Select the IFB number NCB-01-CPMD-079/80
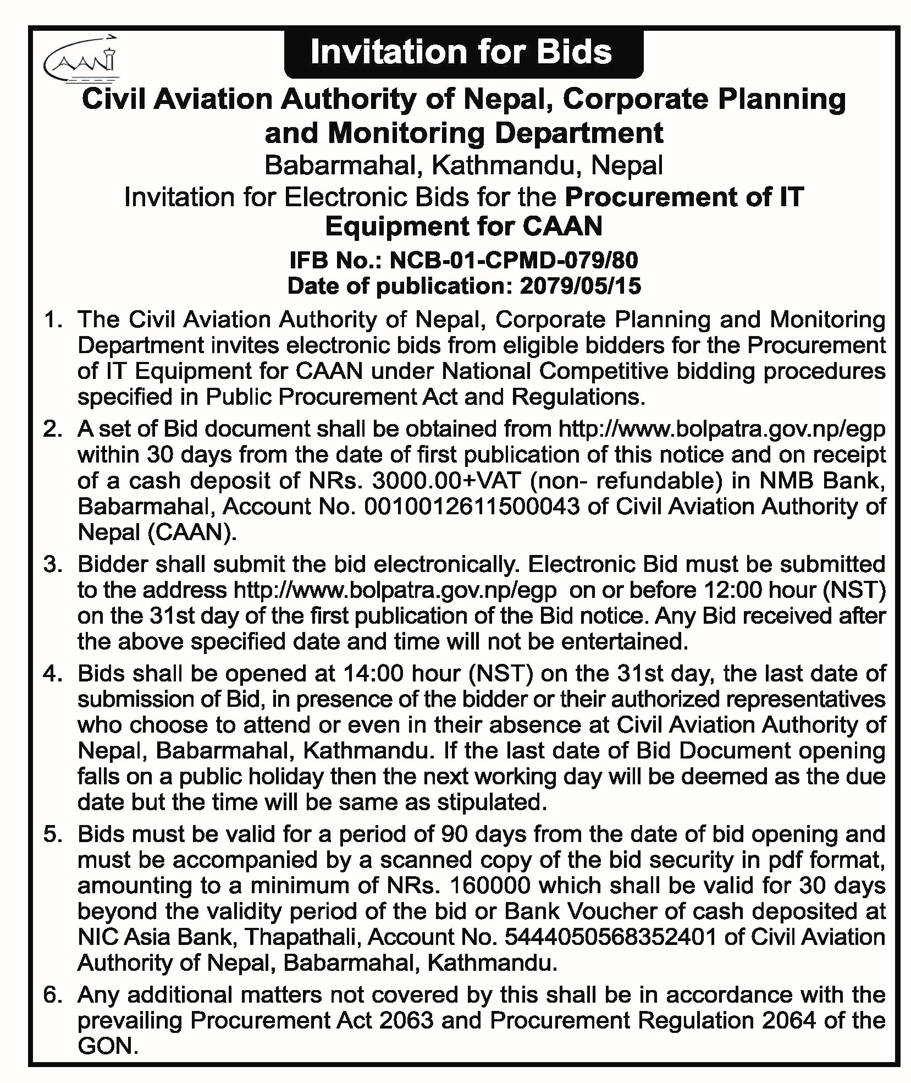click(x=514, y=260)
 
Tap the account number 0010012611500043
click(x=472, y=506)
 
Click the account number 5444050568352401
click(x=610, y=937)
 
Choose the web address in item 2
click(x=721, y=428)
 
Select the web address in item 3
click(x=395, y=590)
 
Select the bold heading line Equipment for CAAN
click(x=463, y=226)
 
